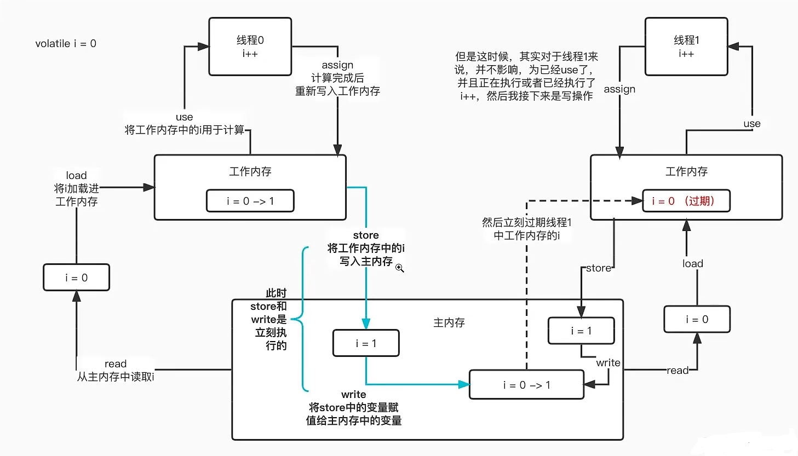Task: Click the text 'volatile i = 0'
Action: click(66, 44)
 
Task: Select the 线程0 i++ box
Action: click(250, 47)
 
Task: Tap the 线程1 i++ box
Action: click(686, 47)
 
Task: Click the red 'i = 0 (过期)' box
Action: click(686, 201)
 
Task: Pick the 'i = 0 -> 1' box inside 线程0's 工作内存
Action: click(250, 201)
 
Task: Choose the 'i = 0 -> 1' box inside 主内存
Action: click(526, 385)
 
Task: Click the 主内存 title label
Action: click(449, 323)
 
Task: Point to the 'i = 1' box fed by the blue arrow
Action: click(366, 343)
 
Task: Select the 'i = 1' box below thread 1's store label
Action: click(581, 331)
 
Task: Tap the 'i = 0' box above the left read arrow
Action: click(76, 278)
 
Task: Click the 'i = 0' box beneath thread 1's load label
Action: click(697, 319)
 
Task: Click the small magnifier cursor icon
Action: click(400, 268)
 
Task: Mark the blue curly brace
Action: click(300, 319)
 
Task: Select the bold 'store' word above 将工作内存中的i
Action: click(366, 235)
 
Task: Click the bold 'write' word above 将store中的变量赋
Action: click(353, 395)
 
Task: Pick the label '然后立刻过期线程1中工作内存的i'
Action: click(526, 229)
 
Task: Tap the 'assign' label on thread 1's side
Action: click(619, 89)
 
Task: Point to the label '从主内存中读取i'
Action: click(116, 377)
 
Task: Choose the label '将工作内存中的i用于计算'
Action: click(185, 130)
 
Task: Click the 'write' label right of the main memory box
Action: click(608, 363)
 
